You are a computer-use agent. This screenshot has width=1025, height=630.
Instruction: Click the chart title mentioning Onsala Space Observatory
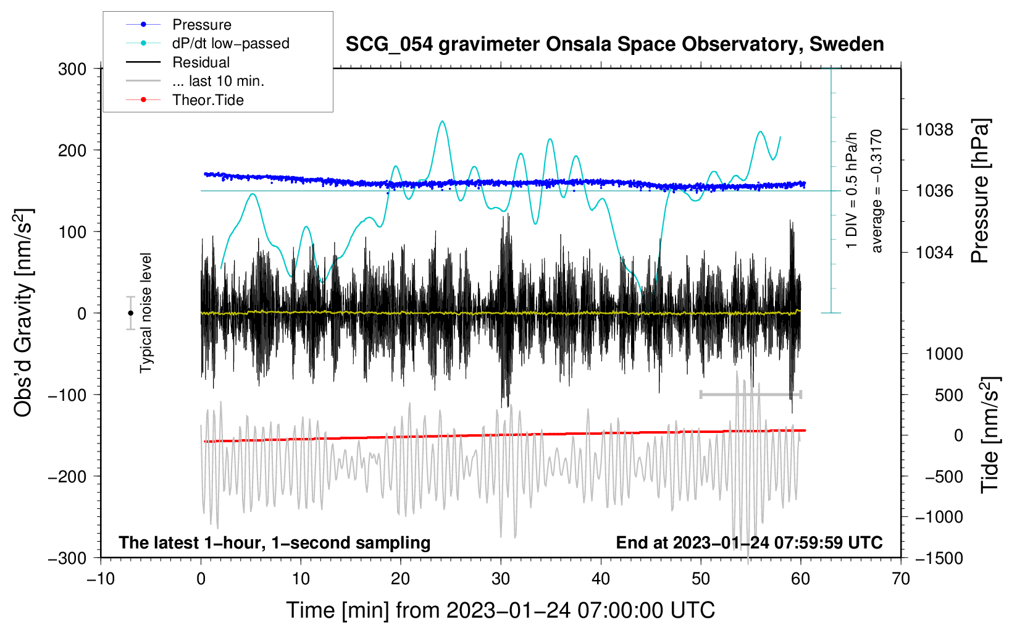pyautogui.click(x=614, y=44)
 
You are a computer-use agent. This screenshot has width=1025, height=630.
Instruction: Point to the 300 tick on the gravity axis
pyautogui.click(x=72, y=69)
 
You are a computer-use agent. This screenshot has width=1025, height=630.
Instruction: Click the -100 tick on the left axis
pyautogui.click(x=67, y=395)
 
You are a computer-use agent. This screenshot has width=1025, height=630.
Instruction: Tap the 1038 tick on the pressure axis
pyautogui.click(x=934, y=130)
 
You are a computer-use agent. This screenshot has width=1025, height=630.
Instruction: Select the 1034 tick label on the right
pyautogui.click(x=934, y=252)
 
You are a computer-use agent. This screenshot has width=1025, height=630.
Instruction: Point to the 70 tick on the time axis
pyautogui.click(x=900, y=579)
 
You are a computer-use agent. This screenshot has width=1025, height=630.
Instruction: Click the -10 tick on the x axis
pyautogui.click(x=101, y=579)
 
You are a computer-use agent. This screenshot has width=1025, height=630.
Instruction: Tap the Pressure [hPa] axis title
pyautogui.click(x=980, y=191)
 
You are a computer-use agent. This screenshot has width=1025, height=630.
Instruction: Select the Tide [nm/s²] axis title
pyautogui.click(x=990, y=435)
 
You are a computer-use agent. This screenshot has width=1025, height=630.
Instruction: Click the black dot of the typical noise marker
pyautogui.click(x=130, y=313)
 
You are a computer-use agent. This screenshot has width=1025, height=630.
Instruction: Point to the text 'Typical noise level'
pyautogui.click(x=146, y=313)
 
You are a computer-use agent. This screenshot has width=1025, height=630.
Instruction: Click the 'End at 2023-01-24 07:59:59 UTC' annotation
pyautogui.click(x=749, y=542)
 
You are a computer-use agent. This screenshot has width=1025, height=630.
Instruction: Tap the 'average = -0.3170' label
pyautogui.click(x=876, y=191)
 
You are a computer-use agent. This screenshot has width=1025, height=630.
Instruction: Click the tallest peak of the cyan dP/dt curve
pyautogui.click(x=442, y=121)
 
